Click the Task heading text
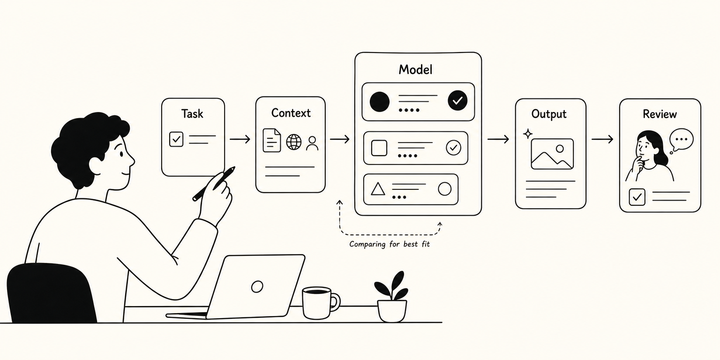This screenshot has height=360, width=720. click(x=192, y=113)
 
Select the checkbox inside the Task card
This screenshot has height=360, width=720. click(x=176, y=139)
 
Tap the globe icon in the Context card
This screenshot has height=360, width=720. click(x=294, y=142)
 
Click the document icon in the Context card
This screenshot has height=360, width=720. click(x=271, y=140)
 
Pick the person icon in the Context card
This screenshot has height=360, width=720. click(x=312, y=143)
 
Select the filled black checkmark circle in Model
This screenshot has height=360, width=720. click(x=457, y=101)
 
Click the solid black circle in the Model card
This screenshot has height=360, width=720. click(x=380, y=102)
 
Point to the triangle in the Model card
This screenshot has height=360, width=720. click(x=378, y=189)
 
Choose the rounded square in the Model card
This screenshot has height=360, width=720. click(x=379, y=148)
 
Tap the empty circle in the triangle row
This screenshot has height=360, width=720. click(x=444, y=189)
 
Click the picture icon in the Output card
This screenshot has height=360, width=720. click(x=552, y=154)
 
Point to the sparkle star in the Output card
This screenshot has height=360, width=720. click(x=527, y=134)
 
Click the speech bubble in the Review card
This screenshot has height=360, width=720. click(x=681, y=140)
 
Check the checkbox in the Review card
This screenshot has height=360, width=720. click(x=637, y=197)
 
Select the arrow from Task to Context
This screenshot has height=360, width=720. click(x=240, y=139)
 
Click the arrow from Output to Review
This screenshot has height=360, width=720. click(x=602, y=139)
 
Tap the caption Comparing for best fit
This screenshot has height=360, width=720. click(x=389, y=244)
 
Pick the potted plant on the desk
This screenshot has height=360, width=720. click(x=392, y=296)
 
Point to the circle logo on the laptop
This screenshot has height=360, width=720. click(x=257, y=286)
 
